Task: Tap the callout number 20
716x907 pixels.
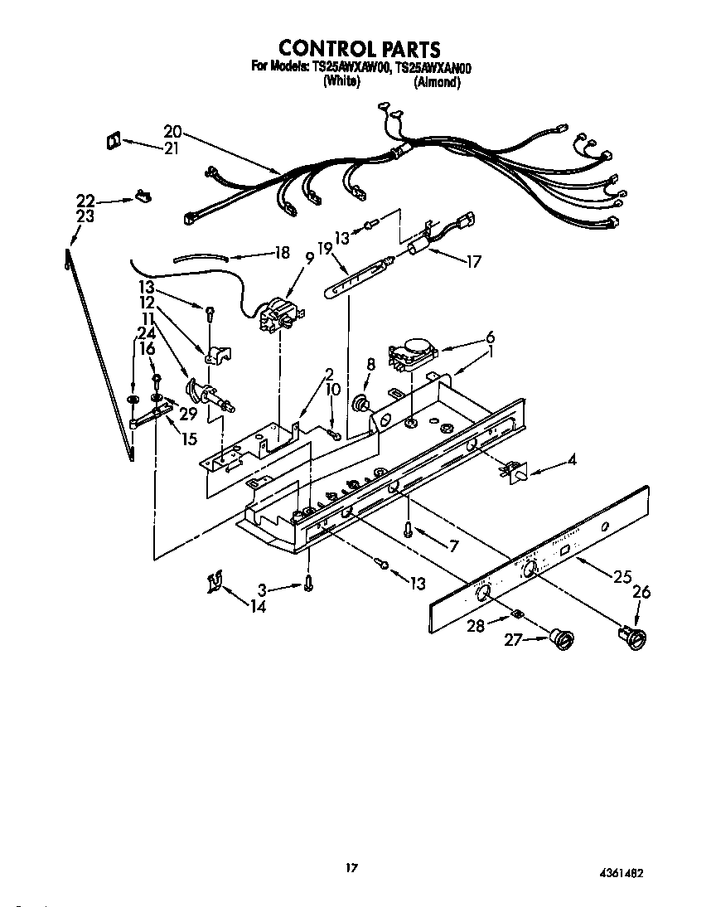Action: tap(172, 131)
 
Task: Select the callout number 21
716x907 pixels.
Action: tap(172, 149)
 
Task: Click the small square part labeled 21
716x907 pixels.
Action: tap(113, 141)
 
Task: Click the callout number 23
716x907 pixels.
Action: tap(85, 216)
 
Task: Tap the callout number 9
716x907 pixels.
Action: tap(309, 258)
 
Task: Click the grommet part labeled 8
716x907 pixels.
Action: tap(362, 405)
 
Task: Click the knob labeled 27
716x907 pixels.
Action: tap(563, 640)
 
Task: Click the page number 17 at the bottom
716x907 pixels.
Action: tap(351, 868)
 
